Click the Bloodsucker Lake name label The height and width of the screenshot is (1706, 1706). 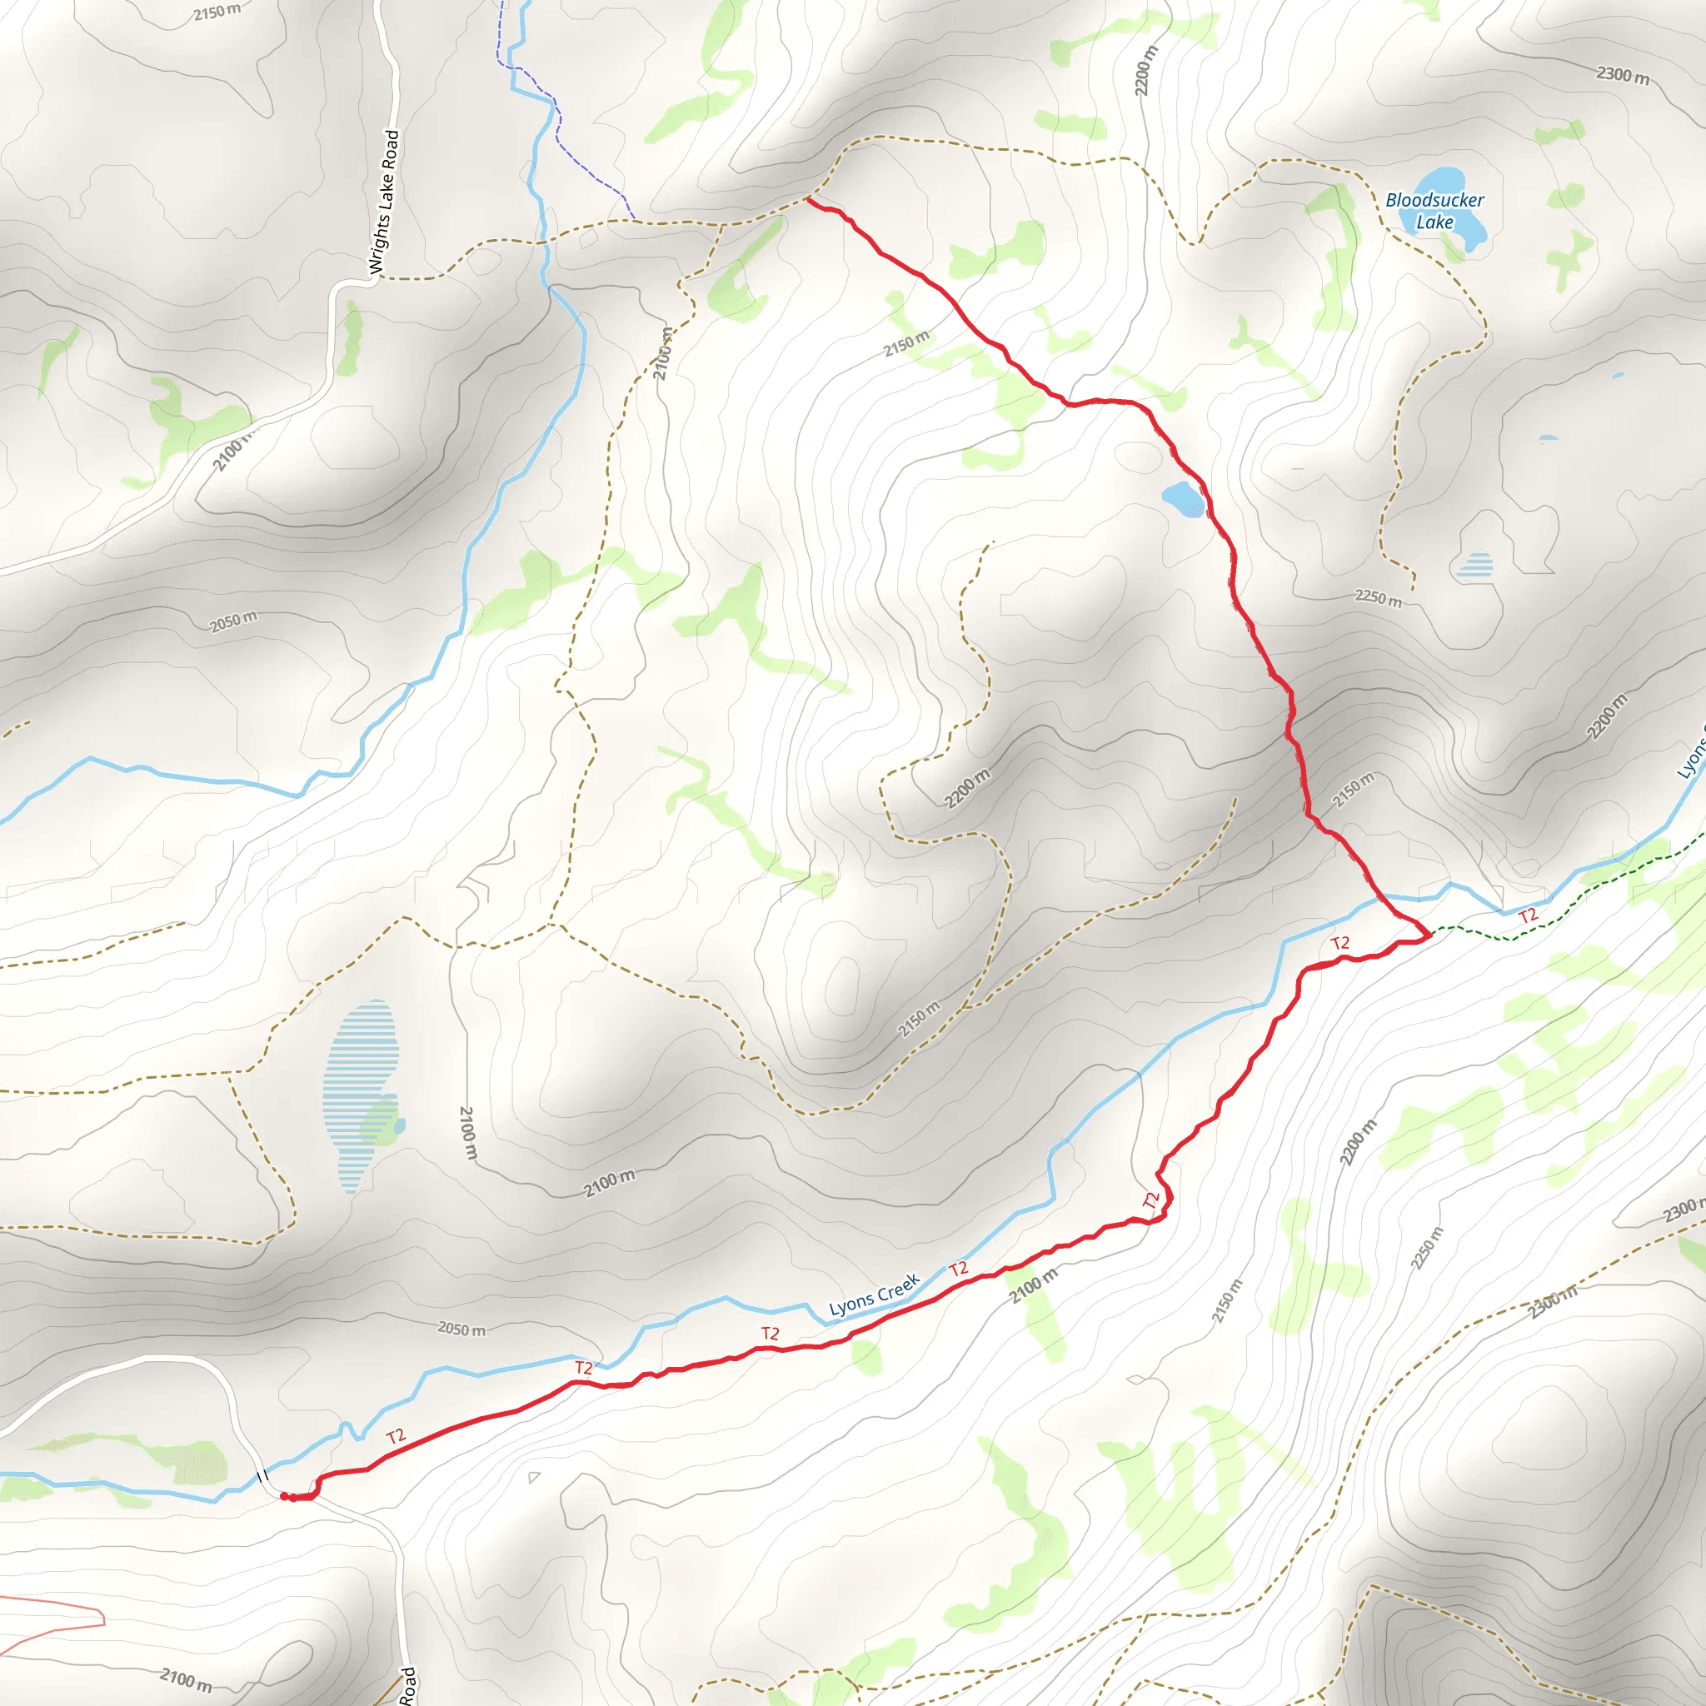tap(1434, 211)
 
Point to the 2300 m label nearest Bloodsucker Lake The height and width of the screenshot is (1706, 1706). tap(1622, 76)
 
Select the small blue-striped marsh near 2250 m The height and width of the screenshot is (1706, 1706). tap(1474, 564)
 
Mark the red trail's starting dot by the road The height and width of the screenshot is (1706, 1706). tap(284, 1496)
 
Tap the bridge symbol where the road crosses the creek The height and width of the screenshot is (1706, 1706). tap(262, 1475)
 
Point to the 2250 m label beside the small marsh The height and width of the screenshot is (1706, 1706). tap(1378, 598)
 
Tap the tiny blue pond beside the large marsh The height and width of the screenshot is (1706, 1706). tap(401, 1126)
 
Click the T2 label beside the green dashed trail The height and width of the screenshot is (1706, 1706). tap(1528, 915)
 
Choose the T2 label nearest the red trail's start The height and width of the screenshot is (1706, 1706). tap(396, 1437)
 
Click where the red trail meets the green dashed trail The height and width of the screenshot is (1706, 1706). tap(1428, 933)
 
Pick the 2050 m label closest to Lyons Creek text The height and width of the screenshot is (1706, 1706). tap(461, 1329)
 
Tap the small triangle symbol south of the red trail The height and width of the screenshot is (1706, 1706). tap(533, 1477)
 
